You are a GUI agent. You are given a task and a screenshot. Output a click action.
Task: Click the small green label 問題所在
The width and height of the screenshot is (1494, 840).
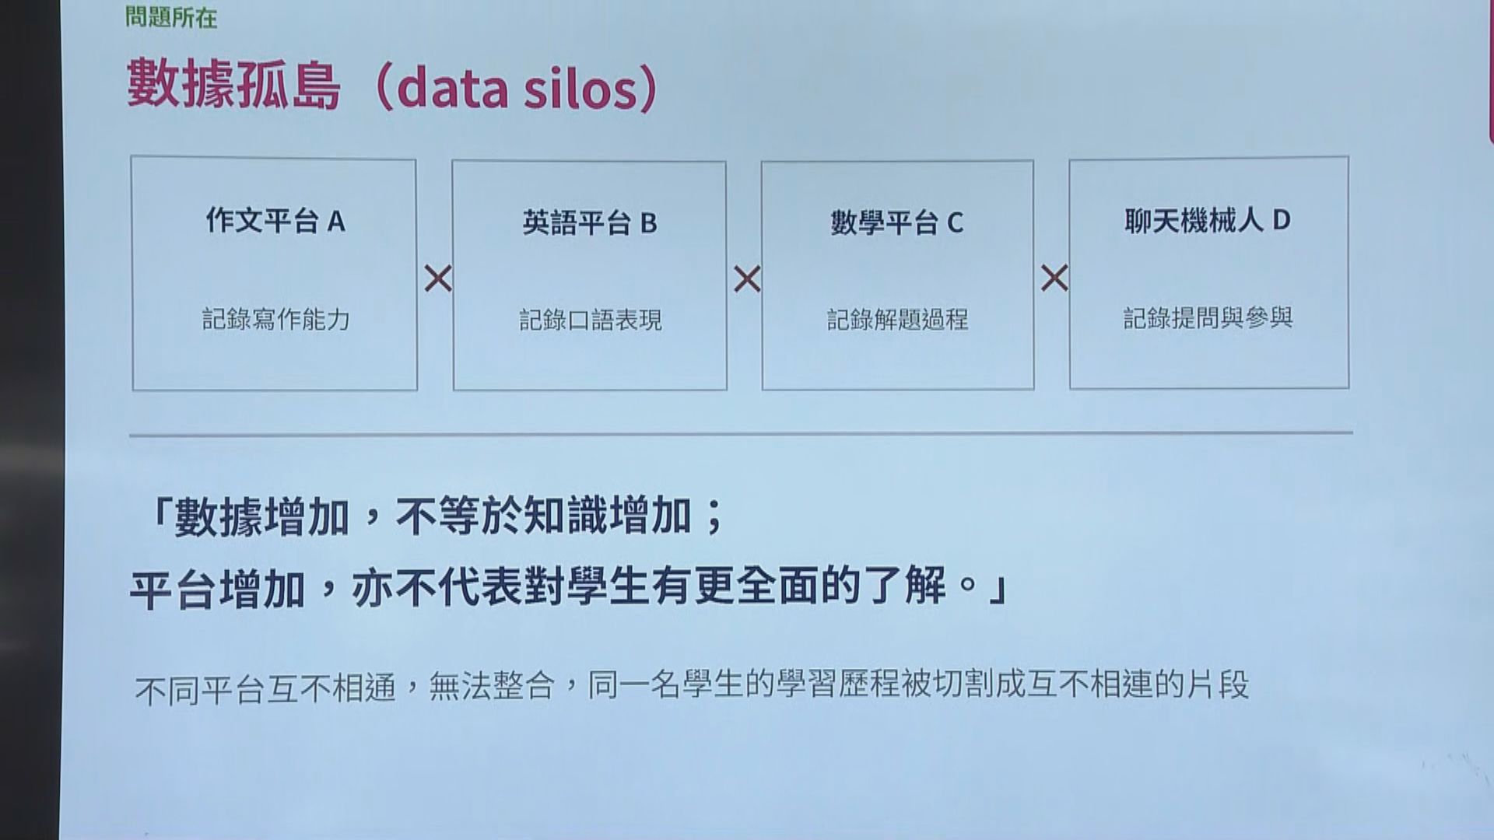pyautogui.click(x=171, y=17)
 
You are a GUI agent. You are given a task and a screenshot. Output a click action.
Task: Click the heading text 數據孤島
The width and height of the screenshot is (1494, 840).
pyautogui.click(x=234, y=86)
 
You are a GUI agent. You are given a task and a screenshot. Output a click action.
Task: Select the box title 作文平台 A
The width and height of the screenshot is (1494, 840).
pyautogui.click(x=275, y=222)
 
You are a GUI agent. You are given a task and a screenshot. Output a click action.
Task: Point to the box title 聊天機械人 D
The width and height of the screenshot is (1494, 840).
pyautogui.click(x=1208, y=221)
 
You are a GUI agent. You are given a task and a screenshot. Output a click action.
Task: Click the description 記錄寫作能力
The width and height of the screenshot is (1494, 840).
pyautogui.click(x=276, y=319)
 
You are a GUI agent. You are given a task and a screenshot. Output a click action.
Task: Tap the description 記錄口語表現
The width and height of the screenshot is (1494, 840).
pyautogui.click(x=591, y=320)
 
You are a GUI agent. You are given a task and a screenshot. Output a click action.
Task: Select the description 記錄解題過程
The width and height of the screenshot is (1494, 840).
pyautogui.click(x=898, y=319)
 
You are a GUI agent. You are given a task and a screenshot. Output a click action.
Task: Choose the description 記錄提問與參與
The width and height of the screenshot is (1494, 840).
pyautogui.click(x=1208, y=317)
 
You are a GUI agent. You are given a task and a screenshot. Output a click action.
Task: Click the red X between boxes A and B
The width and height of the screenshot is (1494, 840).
pyautogui.click(x=438, y=278)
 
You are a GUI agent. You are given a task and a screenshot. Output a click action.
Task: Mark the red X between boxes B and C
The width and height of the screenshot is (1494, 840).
pyautogui.click(x=747, y=279)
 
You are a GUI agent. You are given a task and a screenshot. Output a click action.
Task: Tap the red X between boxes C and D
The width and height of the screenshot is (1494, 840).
pyautogui.click(x=1054, y=278)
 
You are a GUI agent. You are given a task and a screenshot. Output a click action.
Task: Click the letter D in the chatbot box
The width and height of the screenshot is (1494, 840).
pyautogui.click(x=1282, y=221)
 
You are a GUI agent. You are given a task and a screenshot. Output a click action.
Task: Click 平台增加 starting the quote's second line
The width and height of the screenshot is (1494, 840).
pyautogui.click(x=216, y=589)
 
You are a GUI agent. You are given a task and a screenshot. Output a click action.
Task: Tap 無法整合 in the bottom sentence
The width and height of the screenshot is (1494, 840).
pyautogui.click(x=493, y=687)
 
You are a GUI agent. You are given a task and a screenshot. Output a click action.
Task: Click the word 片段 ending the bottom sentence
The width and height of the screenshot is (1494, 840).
pyautogui.click(x=1218, y=685)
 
